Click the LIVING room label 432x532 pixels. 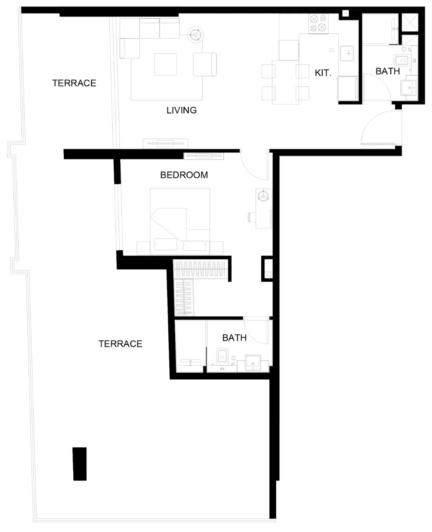click(x=182, y=110)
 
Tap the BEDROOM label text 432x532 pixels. click(x=184, y=175)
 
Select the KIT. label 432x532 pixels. click(x=323, y=73)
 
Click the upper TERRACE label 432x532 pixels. click(x=74, y=83)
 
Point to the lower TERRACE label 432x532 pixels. click(x=120, y=344)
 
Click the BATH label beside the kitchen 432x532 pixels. click(x=388, y=71)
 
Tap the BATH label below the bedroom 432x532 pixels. click(x=235, y=338)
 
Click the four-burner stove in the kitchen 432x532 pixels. click(x=318, y=23)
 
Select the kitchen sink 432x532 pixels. click(x=347, y=53)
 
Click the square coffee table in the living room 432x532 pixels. click(x=166, y=64)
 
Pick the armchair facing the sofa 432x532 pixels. click(x=205, y=64)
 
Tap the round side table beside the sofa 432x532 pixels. click(x=196, y=34)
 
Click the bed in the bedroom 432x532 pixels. click(x=180, y=221)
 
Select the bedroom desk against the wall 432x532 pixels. click(x=264, y=208)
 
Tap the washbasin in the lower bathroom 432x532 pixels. click(x=253, y=363)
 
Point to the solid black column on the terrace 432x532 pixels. click(x=79, y=464)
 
